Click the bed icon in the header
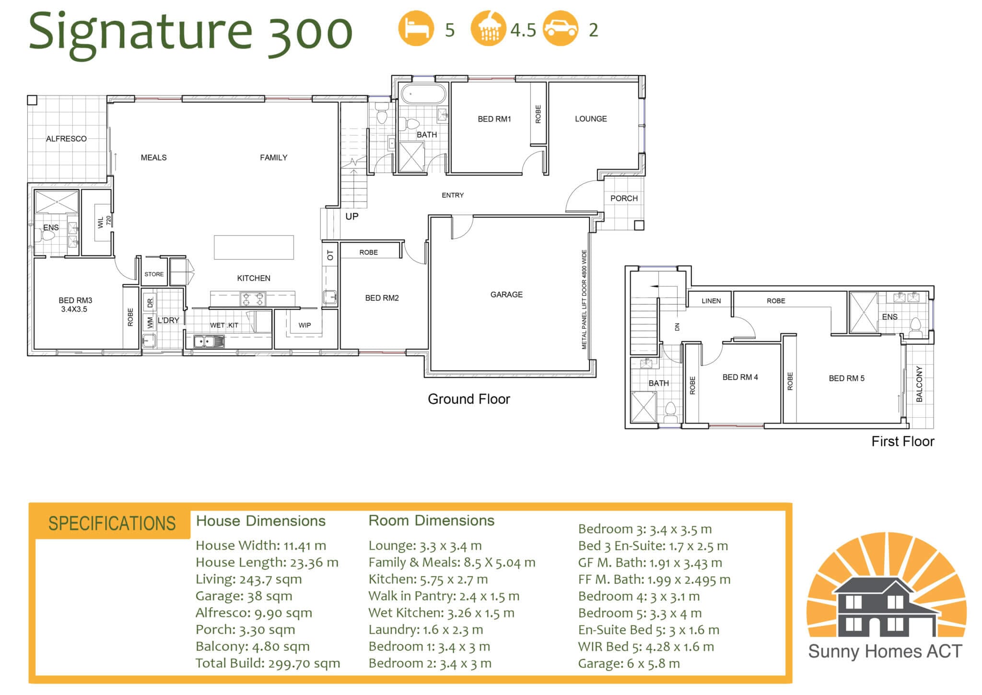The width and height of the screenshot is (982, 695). [x=416, y=28]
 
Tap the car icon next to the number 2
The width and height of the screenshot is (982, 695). [x=560, y=28]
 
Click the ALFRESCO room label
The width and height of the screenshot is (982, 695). [x=66, y=139]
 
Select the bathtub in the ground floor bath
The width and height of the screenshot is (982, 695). [x=423, y=94]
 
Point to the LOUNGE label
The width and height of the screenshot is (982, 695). [x=591, y=119]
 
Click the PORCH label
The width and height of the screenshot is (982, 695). [x=624, y=198]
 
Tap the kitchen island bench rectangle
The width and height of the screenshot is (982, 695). [x=254, y=247]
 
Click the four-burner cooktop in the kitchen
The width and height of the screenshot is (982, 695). [x=253, y=299]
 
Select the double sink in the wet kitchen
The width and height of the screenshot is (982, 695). [x=209, y=341]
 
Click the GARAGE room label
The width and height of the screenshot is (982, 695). [x=506, y=294]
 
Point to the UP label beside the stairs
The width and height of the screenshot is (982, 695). [x=351, y=216]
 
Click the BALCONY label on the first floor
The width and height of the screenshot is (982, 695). [x=919, y=383]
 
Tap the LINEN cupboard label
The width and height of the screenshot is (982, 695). [x=711, y=301]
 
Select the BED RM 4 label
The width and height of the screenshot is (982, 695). [x=740, y=377]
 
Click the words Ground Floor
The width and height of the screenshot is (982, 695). [x=468, y=399]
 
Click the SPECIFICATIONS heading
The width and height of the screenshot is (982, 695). [x=112, y=523]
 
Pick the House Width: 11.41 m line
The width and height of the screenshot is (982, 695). [x=260, y=546]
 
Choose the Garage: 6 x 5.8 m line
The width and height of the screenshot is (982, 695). [x=629, y=663]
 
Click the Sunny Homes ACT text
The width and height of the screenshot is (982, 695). [x=885, y=651]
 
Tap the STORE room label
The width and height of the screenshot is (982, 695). [x=154, y=274]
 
